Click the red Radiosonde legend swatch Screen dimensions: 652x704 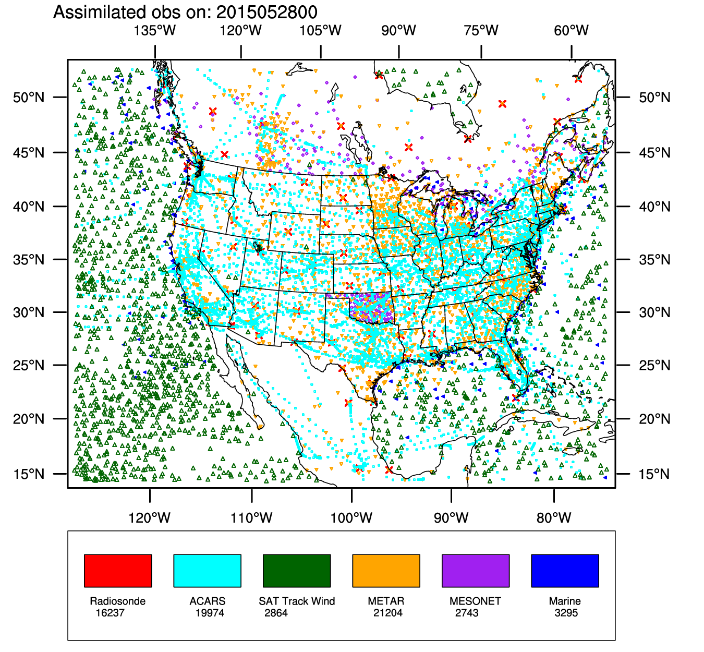pyautogui.click(x=118, y=571)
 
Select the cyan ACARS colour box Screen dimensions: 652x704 pyautogui.click(x=207, y=571)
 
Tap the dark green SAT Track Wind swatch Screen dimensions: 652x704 pyautogui.click(x=297, y=571)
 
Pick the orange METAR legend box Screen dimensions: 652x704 pyautogui.click(x=386, y=571)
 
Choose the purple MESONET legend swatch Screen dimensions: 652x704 pyautogui.click(x=476, y=571)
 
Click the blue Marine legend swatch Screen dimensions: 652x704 pyautogui.click(x=565, y=571)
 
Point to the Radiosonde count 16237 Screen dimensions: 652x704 pyautogui.click(x=110, y=613)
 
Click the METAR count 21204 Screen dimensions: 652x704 pyautogui.click(x=387, y=613)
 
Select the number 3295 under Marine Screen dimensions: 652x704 pyautogui.click(x=566, y=613)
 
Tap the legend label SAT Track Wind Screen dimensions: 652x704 pyautogui.click(x=297, y=601)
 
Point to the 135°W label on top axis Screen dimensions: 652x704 pyautogui.click(x=155, y=30)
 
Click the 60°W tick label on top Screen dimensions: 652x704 pyautogui.click(x=572, y=30)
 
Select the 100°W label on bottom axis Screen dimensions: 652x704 pyautogui.click(x=351, y=518)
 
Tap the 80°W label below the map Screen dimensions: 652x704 pyautogui.click(x=554, y=518)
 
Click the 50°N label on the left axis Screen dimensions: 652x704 pyautogui.click(x=29, y=98)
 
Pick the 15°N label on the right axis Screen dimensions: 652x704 pyautogui.click(x=654, y=474)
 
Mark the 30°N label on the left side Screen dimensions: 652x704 pyautogui.click(x=29, y=312)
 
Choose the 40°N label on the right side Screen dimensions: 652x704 pyautogui.click(x=654, y=207)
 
